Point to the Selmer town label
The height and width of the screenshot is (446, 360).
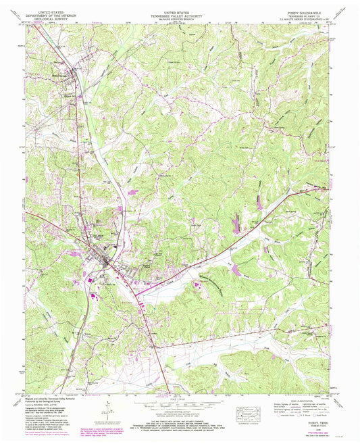coord(101,237)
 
